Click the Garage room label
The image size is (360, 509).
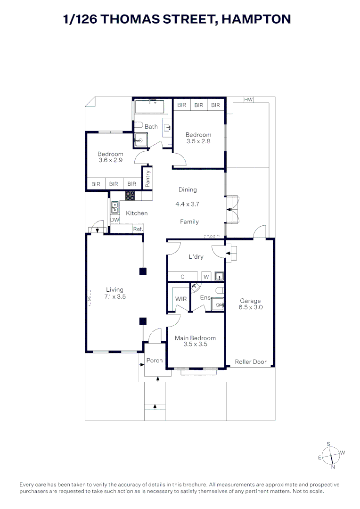(250, 301)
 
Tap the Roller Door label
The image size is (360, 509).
(251, 362)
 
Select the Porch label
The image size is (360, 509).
(154, 360)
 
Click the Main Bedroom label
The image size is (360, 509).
(195, 338)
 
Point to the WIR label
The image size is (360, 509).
(180, 299)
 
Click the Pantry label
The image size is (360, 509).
(147, 179)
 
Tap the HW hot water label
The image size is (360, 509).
(248, 99)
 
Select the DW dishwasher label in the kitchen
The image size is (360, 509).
(115, 220)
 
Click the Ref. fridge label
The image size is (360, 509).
(138, 229)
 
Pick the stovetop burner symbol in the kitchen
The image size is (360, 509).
(130, 196)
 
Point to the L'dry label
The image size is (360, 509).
(196, 257)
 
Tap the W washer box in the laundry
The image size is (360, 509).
(206, 277)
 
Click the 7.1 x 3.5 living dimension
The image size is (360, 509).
(115, 297)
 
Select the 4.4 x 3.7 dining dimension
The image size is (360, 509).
(188, 205)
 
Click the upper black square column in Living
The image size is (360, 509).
(143, 271)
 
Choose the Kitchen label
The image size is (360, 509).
(137, 213)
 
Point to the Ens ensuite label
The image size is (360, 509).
(205, 297)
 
